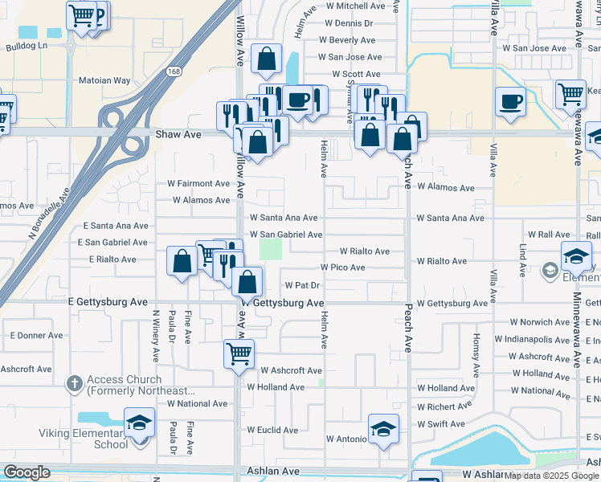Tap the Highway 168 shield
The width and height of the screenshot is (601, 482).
[174, 71]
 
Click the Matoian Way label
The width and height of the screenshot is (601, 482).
[104, 80]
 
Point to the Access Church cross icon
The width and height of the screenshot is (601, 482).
[74, 385]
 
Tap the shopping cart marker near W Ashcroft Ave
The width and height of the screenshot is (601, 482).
[239, 352]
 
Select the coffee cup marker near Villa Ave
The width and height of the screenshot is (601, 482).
[510, 101]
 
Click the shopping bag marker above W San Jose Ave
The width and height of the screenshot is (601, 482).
[265, 58]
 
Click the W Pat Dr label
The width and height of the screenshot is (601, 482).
[303, 285]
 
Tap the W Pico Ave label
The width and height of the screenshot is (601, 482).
[342, 267]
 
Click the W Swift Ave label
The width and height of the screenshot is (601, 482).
[441, 424]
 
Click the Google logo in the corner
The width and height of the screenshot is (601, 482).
[27, 472]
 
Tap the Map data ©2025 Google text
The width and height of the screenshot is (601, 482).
[550, 476]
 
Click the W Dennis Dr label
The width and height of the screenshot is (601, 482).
[346, 23]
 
